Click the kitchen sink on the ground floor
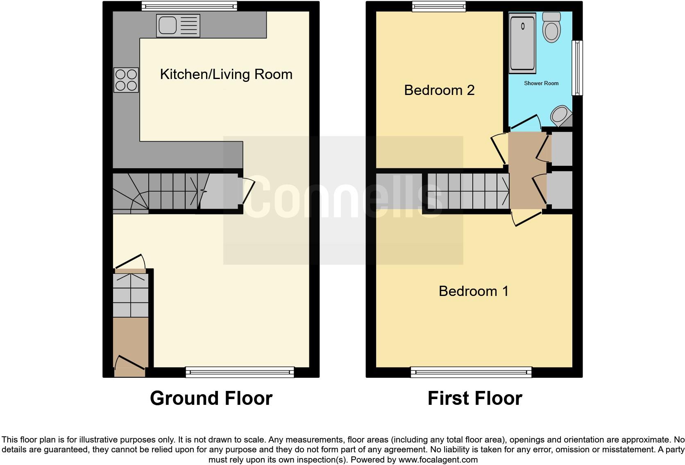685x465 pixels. [178, 26]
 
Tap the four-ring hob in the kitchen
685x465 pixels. [126, 80]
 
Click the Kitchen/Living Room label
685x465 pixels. [226, 74]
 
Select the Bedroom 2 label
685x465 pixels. [439, 90]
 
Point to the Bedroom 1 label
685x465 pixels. [474, 291]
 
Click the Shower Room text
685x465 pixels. [541, 83]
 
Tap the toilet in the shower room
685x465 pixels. [551, 27]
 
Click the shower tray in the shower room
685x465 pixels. [522, 43]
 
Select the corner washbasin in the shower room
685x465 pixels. [560, 116]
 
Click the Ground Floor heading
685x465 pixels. [211, 398]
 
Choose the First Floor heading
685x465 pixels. [475, 398]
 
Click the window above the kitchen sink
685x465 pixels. [189, 6]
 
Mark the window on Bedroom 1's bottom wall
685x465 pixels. [471, 372]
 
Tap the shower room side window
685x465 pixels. [577, 68]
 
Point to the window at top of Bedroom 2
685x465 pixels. [439, 6]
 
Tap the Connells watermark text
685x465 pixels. [343, 196]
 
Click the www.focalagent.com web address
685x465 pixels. [438, 460]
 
